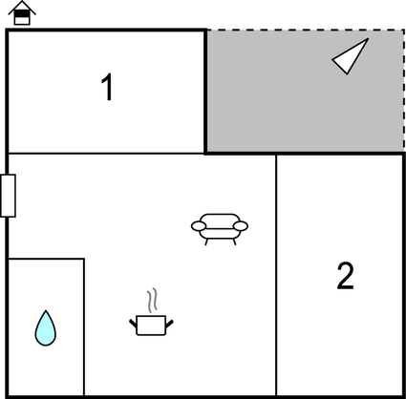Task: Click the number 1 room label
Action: click(107, 87)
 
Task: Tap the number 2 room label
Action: click(346, 276)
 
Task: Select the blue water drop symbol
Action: click(46, 328)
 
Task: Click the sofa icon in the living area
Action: click(220, 229)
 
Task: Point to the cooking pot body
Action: click(151, 325)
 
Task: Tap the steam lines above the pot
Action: click(153, 300)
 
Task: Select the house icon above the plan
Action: click(22, 13)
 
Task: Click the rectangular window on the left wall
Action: click(8, 196)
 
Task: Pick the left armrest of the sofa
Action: click(199, 226)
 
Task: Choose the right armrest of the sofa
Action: click(241, 226)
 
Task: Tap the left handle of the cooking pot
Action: click(133, 323)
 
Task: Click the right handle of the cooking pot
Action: click(169, 324)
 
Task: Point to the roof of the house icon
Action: click(22, 8)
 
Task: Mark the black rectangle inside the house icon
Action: click(22, 14)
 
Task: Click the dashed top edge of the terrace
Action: click(306, 31)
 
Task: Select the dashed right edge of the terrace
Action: click(404, 92)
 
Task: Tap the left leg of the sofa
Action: click(206, 241)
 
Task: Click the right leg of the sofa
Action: click(235, 241)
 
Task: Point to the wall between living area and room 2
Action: click(276, 275)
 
